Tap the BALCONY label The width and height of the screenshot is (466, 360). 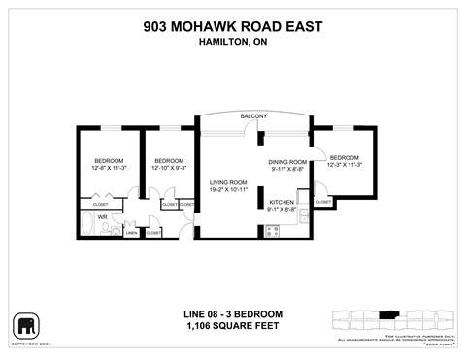(254, 117)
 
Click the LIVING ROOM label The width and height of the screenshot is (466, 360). (231, 182)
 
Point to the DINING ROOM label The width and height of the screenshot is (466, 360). (287, 162)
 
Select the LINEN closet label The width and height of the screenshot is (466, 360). (131, 233)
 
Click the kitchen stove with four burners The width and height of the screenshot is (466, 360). (272, 231)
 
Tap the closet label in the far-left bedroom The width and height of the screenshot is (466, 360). (101, 205)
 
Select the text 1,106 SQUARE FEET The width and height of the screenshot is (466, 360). (233, 327)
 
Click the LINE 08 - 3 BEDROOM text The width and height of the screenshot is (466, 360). (233, 314)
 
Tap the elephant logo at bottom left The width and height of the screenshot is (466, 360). (25, 325)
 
